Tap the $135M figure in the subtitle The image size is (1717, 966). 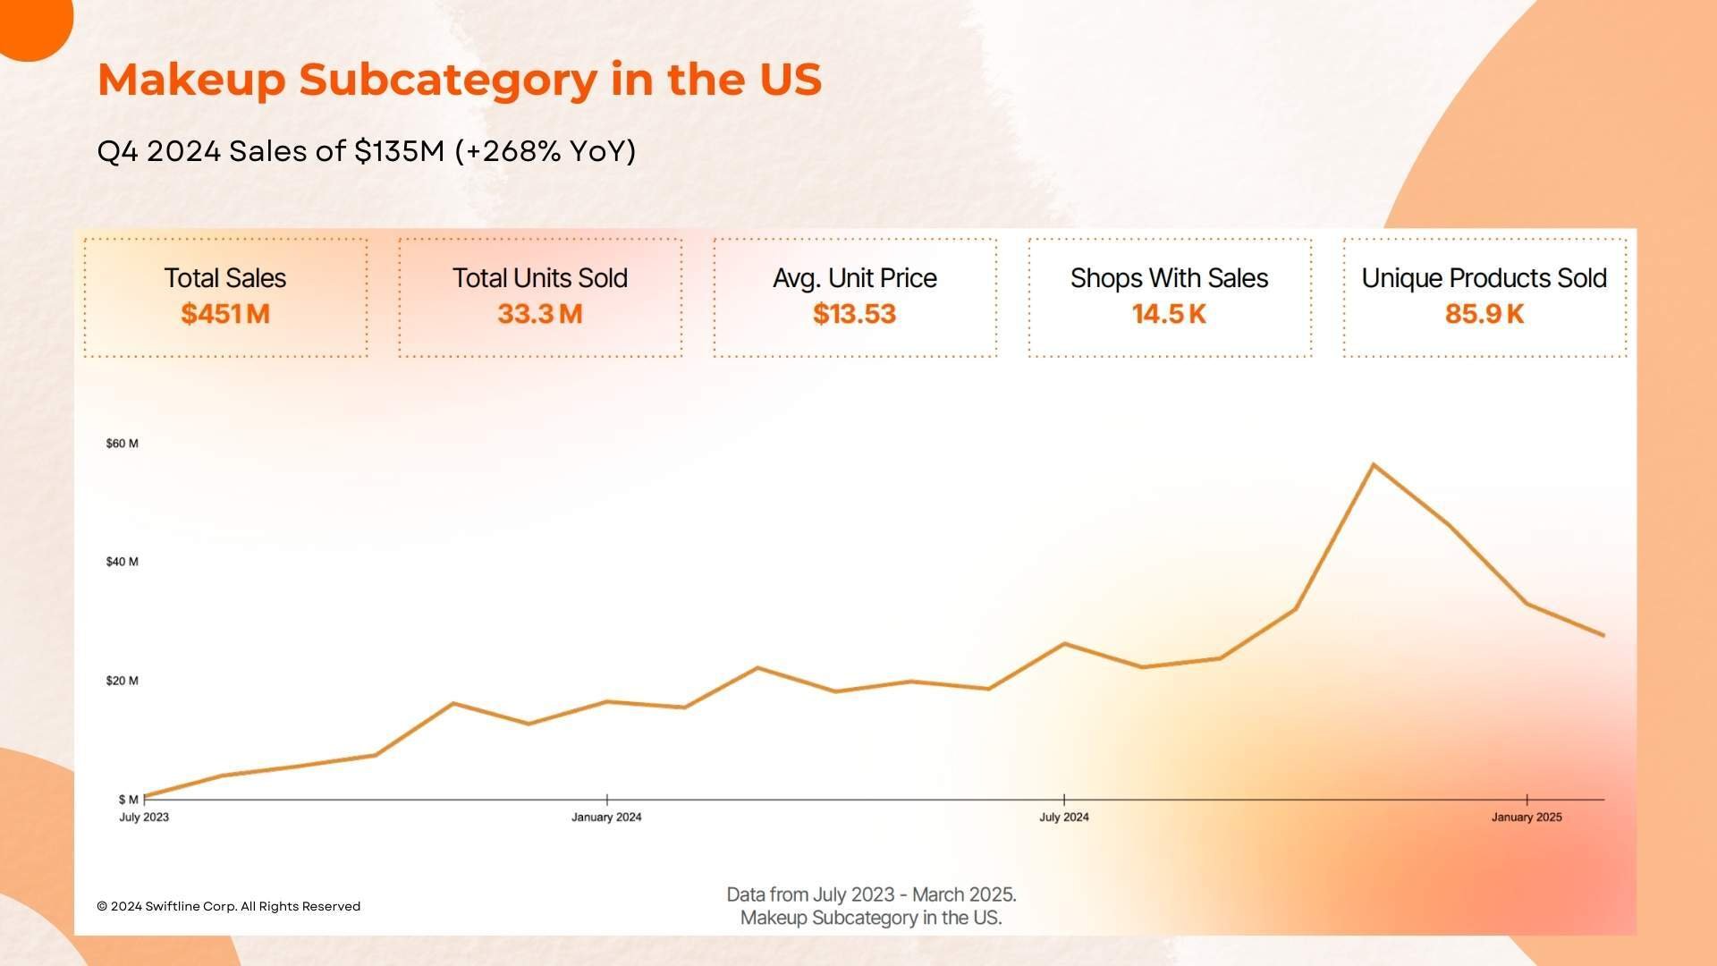(399, 151)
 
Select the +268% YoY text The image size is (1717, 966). (546, 151)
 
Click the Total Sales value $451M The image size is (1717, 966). (225, 314)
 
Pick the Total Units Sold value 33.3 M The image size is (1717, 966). (540, 314)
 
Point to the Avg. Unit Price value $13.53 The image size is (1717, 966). (854, 314)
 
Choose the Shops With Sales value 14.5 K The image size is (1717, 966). (1169, 314)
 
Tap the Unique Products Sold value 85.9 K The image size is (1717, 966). (1484, 314)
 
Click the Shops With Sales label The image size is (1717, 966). (1169, 278)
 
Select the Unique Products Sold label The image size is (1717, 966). (1484, 278)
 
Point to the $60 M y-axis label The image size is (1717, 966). (123, 444)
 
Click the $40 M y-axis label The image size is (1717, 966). (123, 562)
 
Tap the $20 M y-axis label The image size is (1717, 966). (123, 681)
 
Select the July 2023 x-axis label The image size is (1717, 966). (144, 818)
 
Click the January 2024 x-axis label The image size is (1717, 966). (606, 818)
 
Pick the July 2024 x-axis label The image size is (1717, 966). (1064, 818)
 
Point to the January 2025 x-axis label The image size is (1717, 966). (1527, 818)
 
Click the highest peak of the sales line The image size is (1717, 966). (1373, 464)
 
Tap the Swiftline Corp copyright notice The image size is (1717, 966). (228, 906)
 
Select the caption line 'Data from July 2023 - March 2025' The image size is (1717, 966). (871, 894)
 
